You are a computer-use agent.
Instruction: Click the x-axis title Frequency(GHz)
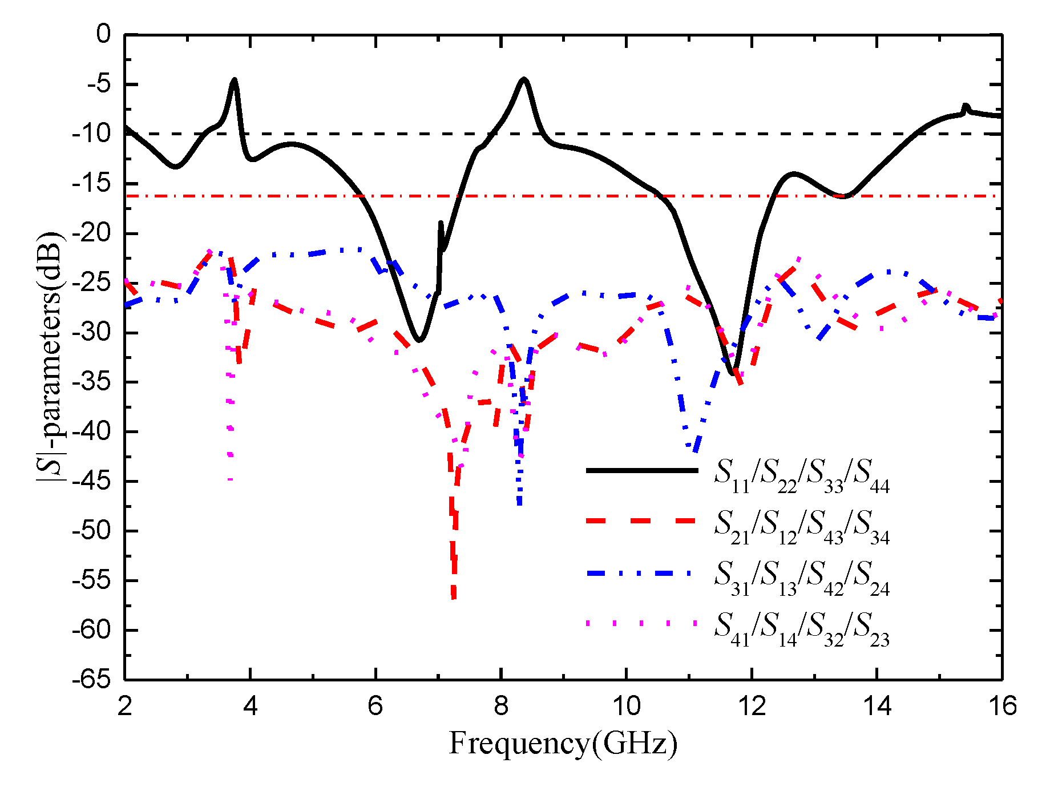click(x=563, y=744)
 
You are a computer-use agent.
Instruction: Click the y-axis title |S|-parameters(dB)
click(x=50, y=357)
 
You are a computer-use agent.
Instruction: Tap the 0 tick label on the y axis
click(x=103, y=35)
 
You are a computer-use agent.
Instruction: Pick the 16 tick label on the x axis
click(x=1002, y=707)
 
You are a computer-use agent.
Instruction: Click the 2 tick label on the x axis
click(x=124, y=707)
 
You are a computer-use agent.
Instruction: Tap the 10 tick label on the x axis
click(x=626, y=707)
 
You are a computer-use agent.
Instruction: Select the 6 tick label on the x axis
click(x=375, y=707)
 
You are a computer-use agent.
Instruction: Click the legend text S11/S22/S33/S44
click(x=801, y=475)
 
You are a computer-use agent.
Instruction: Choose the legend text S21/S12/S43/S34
click(x=801, y=526)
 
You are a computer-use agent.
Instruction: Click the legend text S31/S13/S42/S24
click(x=801, y=577)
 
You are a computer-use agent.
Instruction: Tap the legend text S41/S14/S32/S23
click(x=801, y=628)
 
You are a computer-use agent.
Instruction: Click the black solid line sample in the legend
click(x=642, y=471)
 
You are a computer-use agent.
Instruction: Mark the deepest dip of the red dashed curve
click(x=454, y=598)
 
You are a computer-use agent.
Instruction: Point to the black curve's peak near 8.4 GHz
click(x=523, y=79)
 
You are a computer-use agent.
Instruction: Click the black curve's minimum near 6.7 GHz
click(x=419, y=341)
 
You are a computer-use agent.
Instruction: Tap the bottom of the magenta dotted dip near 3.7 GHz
click(x=231, y=479)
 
